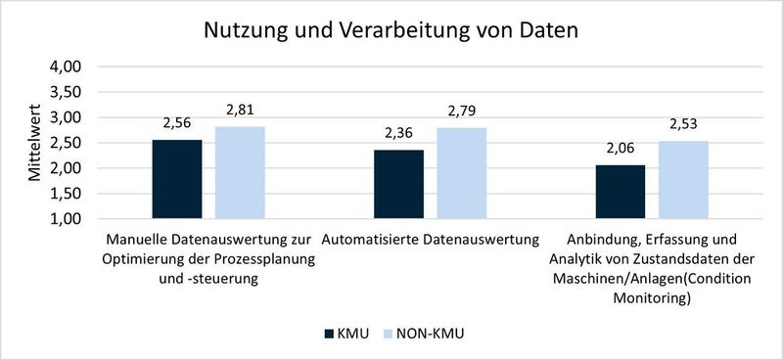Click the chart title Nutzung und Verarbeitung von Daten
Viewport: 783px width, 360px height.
[391, 29]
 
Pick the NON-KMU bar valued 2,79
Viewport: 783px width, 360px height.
[462, 173]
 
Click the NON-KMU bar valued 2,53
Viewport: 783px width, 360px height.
[684, 180]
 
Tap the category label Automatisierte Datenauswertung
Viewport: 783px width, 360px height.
[431, 239]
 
